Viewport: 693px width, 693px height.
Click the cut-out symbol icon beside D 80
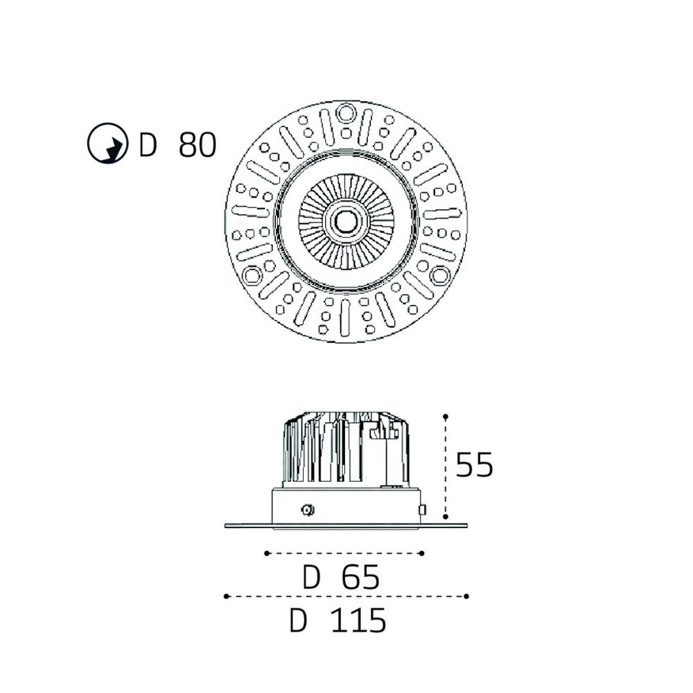pos(107,143)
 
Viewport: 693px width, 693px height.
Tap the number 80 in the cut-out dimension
pos(197,145)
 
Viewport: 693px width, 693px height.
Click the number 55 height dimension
pos(474,464)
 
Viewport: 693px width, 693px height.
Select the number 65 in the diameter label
pos(360,577)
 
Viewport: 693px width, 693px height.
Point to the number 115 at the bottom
pos(358,620)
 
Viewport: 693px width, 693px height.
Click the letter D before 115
pos(298,620)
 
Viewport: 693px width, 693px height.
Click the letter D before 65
pos(310,577)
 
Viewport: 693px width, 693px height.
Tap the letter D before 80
pos(148,145)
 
